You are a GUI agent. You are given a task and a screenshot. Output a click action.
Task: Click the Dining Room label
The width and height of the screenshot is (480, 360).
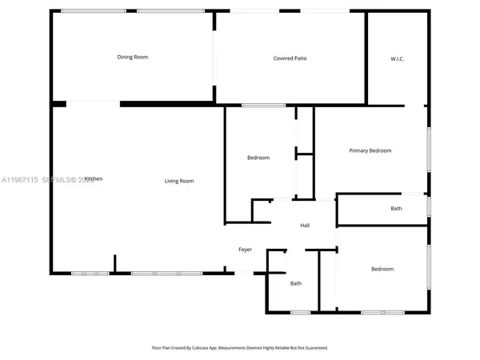133,57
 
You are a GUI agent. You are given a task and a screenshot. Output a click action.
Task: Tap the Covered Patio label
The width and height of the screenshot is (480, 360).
290,58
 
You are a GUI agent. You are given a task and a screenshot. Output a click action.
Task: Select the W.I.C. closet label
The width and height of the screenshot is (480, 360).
397,58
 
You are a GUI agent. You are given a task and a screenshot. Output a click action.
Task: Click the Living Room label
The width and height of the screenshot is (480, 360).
179,181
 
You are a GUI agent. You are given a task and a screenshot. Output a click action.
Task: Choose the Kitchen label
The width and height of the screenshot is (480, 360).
94,179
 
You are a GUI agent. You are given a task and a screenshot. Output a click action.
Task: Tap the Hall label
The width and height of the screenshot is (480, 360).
305,226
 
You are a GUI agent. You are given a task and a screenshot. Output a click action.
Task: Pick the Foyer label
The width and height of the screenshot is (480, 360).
245,250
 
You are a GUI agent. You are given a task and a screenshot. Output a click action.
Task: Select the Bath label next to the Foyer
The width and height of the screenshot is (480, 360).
296,283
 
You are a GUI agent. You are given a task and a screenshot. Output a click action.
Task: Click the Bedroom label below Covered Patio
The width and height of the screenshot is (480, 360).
258,158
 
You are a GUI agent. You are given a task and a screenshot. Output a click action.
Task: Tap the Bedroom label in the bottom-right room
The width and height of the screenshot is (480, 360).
382,269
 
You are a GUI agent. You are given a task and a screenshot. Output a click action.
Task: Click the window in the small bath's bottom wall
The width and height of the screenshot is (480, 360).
300,312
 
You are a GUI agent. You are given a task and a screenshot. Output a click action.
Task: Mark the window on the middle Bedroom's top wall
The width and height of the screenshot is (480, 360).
258,106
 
